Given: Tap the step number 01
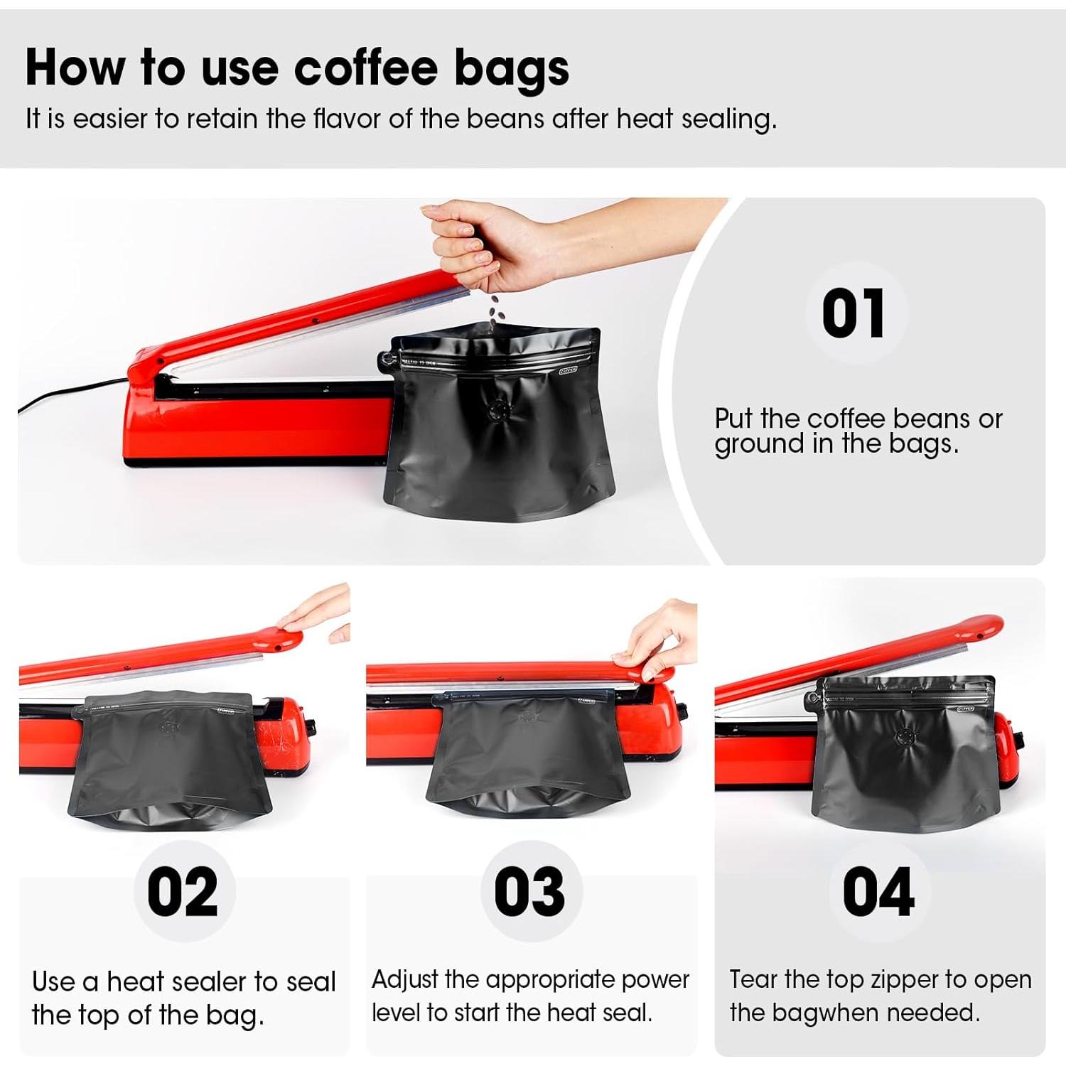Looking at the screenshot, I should (x=854, y=313).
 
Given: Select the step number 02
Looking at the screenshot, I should (x=183, y=892).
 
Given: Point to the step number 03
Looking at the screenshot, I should (x=529, y=892).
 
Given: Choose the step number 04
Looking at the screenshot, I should (x=878, y=892).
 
